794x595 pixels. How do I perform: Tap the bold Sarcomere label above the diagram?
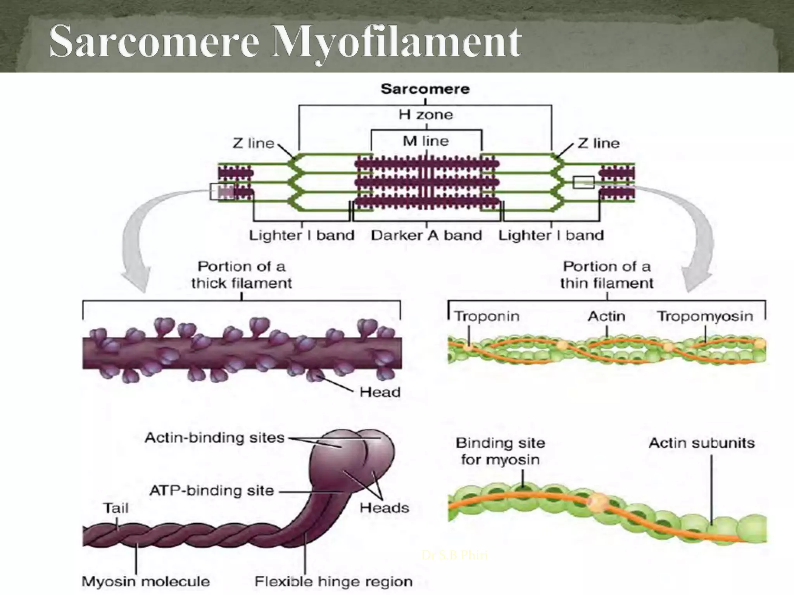[x=425, y=89]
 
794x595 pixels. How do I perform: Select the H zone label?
[x=426, y=115]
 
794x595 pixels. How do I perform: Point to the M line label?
[x=426, y=141]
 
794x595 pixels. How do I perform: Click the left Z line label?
[x=253, y=144]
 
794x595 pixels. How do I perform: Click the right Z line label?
[x=598, y=144]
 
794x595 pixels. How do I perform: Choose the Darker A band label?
[x=426, y=236]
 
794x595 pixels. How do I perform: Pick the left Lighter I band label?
[x=302, y=236]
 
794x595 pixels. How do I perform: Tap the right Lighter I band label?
[x=551, y=236]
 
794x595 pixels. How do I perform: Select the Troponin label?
[x=487, y=316]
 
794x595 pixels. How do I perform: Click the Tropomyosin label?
[x=705, y=316]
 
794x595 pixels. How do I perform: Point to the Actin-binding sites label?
[x=214, y=438]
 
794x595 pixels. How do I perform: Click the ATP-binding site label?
[x=212, y=491]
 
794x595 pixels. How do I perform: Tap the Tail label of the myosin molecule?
[x=116, y=508]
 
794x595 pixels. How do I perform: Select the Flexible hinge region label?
[x=333, y=582]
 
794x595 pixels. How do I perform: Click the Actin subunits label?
[x=702, y=443]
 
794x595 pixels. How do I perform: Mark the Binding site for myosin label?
[x=500, y=451]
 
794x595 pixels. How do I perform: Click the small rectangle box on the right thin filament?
[x=583, y=182]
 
